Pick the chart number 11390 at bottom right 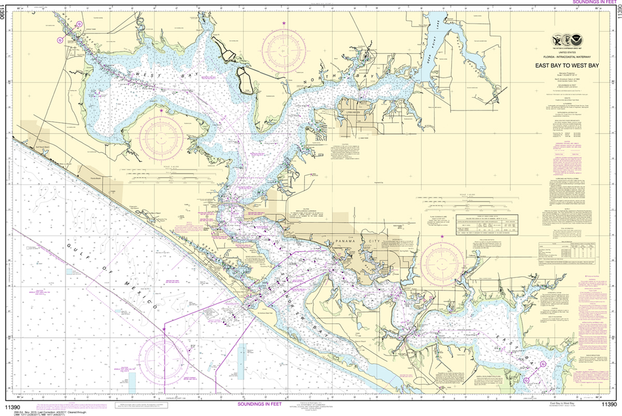click(x=609, y=404)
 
